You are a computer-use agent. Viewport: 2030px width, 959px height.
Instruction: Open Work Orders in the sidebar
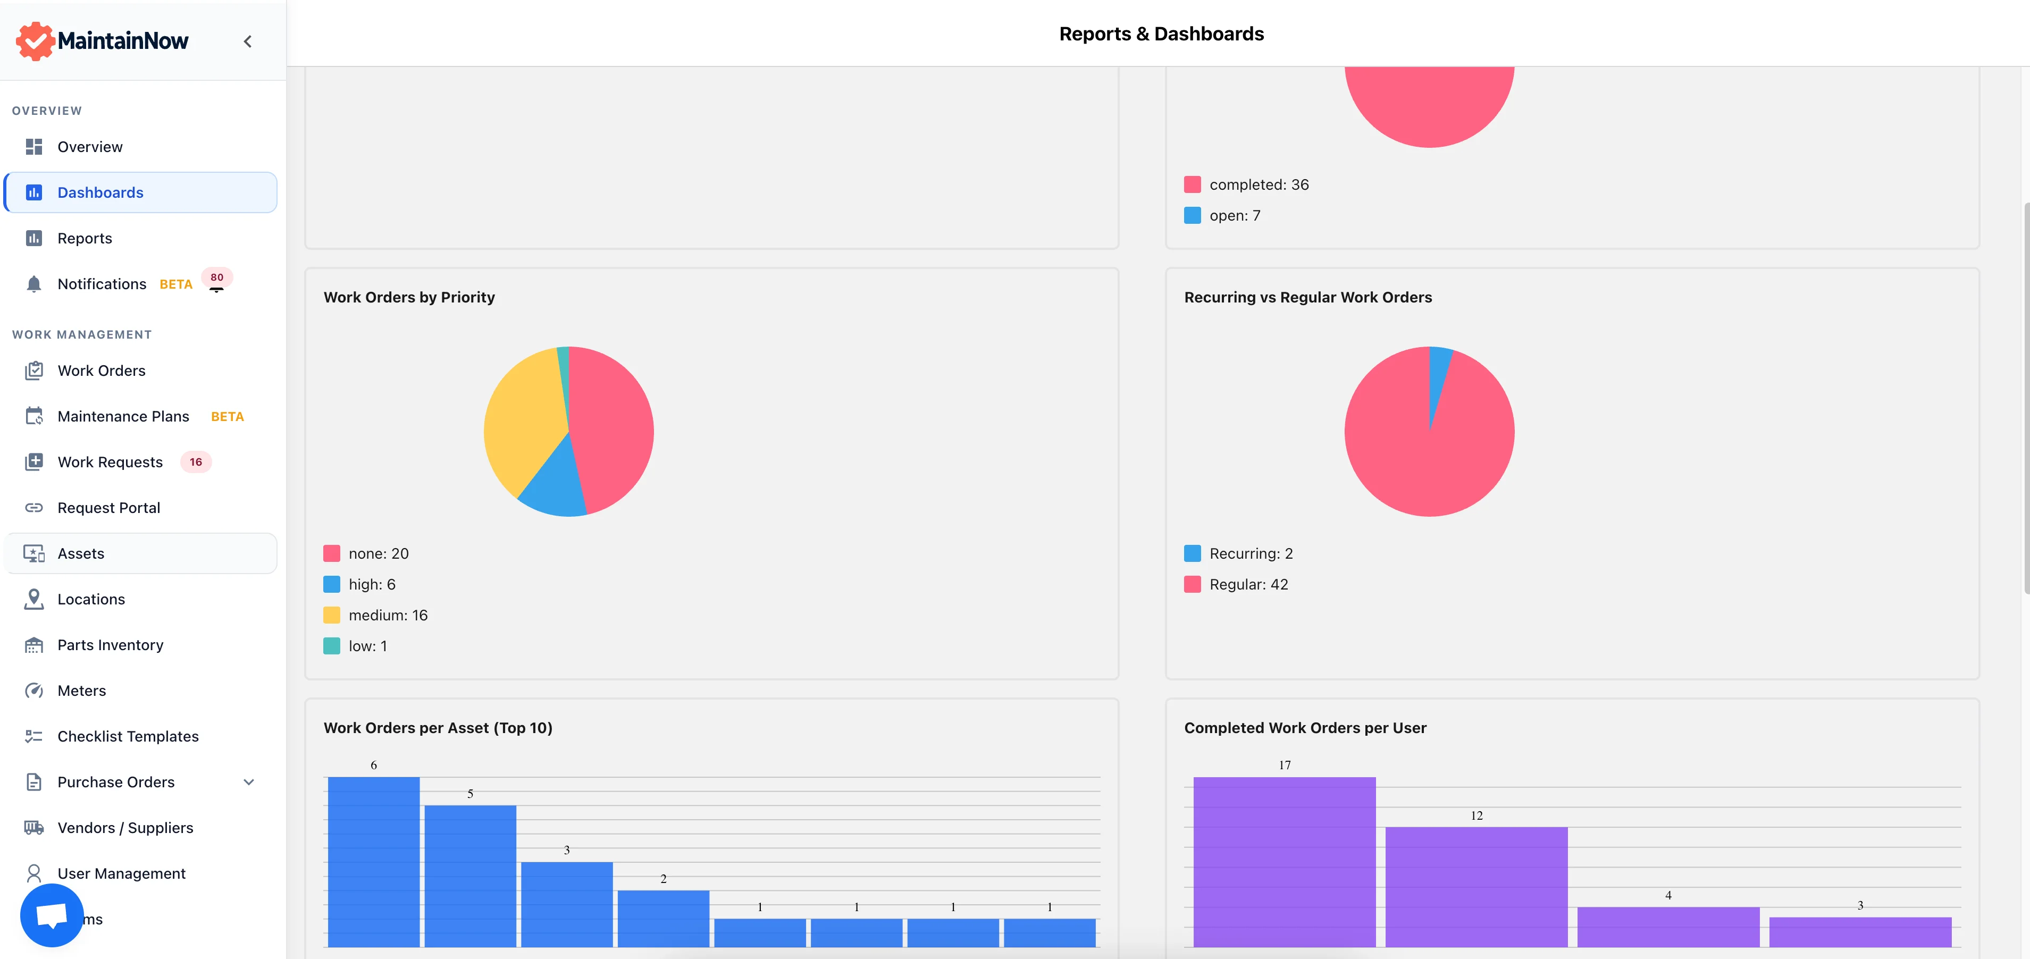coord(101,371)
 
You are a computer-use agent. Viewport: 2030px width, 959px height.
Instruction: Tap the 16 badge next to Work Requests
coord(196,462)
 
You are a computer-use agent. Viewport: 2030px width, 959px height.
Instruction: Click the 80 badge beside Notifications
coord(217,277)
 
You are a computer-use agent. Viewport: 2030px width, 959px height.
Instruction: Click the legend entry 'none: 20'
coord(378,554)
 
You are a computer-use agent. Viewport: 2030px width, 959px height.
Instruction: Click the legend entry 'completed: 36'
coord(1259,184)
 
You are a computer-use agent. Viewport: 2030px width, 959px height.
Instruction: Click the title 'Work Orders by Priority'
coord(409,297)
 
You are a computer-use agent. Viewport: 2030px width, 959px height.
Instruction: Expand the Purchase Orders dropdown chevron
coord(249,781)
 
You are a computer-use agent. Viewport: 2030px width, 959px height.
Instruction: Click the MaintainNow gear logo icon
coord(35,41)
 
